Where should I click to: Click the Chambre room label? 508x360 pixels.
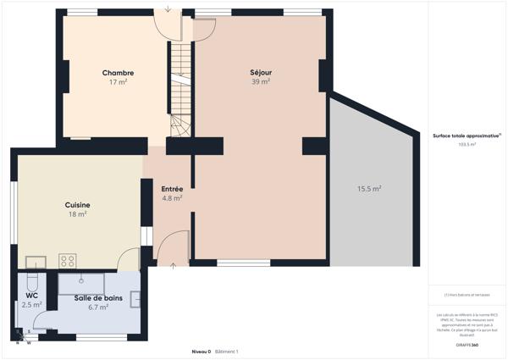[118, 73]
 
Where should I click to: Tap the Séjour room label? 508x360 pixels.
[261, 73]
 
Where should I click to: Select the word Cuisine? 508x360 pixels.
[78, 205]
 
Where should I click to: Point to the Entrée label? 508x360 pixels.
[173, 189]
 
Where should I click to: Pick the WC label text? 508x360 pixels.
[31, 295]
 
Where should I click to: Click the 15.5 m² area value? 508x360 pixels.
[369, 188]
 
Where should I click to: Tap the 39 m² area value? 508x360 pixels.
[261, 82]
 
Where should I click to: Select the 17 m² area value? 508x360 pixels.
[118, 82]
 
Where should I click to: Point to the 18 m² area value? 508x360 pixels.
[78, 214]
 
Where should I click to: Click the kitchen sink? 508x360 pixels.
[36, 261]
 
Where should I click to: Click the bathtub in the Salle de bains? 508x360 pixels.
[80, 280]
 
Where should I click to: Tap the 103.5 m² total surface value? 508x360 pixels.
[467, 145]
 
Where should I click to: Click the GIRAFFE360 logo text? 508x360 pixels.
[467, 346]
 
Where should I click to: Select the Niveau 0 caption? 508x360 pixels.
[201, 351]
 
